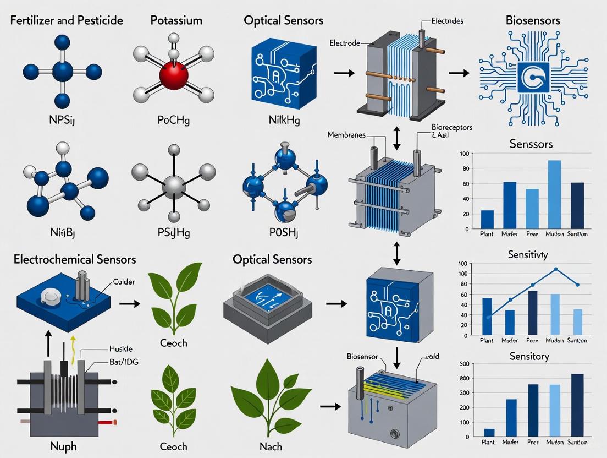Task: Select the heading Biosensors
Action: point(532,20)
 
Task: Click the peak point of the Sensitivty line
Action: point(556,269)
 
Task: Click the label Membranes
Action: point(346,135)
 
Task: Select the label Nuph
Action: point(62,445)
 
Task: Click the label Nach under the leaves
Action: point(269,445)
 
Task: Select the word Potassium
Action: point(176,20)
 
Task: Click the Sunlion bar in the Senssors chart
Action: point(578,205)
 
